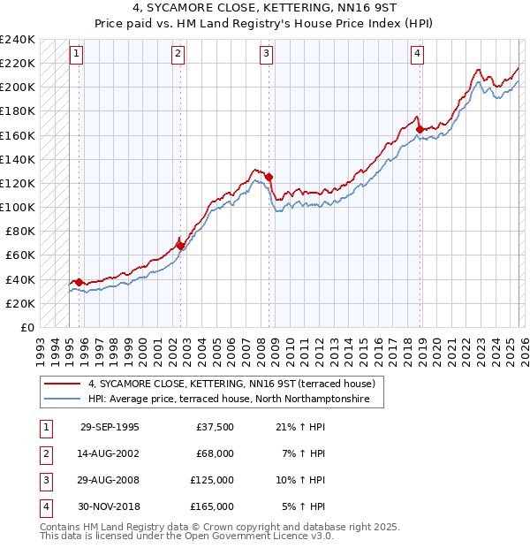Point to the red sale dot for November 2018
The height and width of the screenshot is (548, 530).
click(x=420, y=129)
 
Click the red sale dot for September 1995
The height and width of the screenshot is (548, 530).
click(x=79, y=282)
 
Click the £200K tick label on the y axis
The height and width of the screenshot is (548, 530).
click(x=18, y=88)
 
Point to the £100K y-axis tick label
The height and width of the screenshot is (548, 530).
click(x=18, y=207)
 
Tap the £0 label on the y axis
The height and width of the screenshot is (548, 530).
click(x=26, y=327)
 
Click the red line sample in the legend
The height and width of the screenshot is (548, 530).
click(x=62, y=384)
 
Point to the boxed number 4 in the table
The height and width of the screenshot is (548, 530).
click(x=44, y=506)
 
